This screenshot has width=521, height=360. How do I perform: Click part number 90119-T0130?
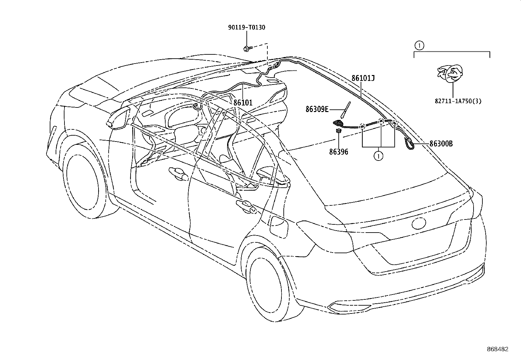pos(246,28)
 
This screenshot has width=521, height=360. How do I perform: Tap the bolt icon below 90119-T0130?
pos(246,49)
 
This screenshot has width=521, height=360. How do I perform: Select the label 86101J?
pos(363,78)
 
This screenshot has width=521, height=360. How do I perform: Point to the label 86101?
pos(243,103)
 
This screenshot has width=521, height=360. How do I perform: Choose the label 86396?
pos(338,152)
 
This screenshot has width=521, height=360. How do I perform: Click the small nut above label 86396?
pos(338,131)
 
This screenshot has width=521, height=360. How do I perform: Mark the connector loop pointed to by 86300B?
pos(410,144)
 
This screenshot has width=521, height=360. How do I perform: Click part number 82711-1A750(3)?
pos(458,101)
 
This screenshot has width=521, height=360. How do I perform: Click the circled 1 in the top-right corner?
pos(419,45)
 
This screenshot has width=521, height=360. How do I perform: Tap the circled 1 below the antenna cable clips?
pos(378,156)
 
